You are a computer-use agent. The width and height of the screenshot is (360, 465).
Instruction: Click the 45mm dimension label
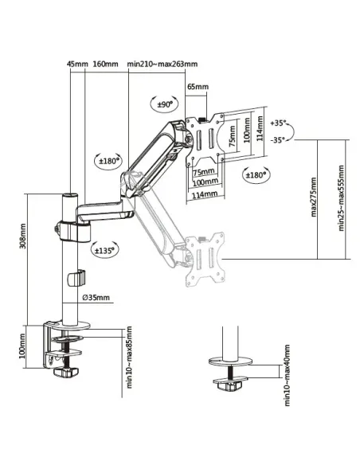(x=76, y=64)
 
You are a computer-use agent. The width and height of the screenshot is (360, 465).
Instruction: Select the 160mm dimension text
(x=106, y=64)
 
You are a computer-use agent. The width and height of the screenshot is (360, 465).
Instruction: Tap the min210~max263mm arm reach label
(x=162, y=64)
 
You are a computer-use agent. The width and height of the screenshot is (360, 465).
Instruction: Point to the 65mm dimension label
(x=198, y=86)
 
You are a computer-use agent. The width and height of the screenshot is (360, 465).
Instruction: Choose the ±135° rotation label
(x=104, y=249)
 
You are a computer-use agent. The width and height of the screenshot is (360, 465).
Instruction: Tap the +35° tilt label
(x=278, y=123)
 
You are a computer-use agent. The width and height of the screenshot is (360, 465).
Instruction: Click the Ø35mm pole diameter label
(x=97, y=299)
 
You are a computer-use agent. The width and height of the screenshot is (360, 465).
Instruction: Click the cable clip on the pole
(x=76, y=278)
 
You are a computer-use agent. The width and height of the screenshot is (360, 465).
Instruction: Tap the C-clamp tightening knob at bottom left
(x=65, y=370)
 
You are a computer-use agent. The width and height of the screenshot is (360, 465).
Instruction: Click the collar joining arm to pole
(x=70, y=229)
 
